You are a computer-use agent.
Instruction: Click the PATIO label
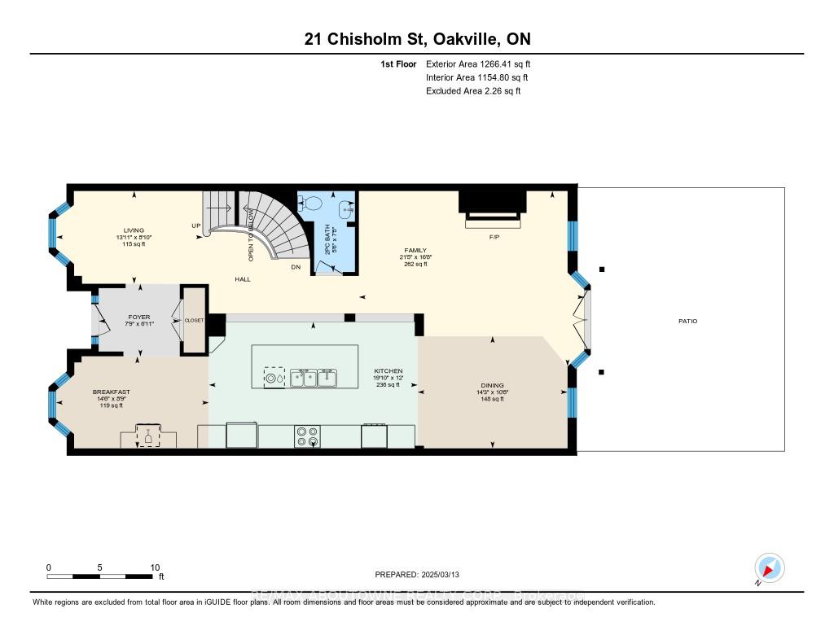(687, 321)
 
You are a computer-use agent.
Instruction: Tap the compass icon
(769, 567)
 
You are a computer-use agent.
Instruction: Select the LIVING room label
(133, 230)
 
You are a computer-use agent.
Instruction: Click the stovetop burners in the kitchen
(308, 436)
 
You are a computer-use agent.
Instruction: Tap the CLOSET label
(194, 321)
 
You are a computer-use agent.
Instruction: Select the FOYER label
(139, 317)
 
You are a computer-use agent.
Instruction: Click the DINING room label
(492, 385)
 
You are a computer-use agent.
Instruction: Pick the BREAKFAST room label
(111, 392)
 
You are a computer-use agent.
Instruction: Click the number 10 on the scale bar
(155, 567)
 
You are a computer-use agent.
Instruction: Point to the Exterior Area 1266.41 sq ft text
(478, 64)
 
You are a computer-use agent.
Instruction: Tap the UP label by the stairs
(195, 226)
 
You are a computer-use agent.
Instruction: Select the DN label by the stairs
(297, 267)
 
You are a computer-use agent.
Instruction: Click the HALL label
(242, 279)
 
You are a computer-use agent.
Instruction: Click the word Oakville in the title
(447, 39)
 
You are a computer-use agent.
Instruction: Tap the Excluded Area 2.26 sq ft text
(472, 91)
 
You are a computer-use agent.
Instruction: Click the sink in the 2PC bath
(349, 209)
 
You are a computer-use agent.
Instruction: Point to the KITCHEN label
(388, 370)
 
